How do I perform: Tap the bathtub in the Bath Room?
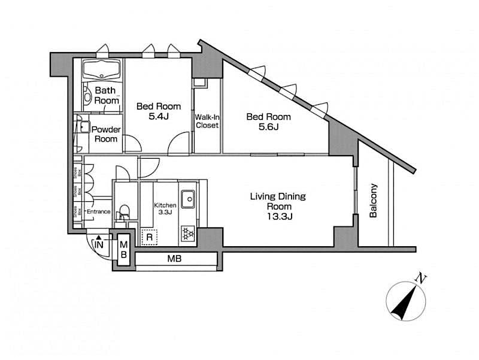pyautogui.click(x=101, y=69)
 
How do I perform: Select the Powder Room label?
pyautogui.click(x=107, y=134)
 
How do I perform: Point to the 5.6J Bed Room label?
pyautogui.click(x=269, y=122)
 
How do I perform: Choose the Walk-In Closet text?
pyautogui.click(x=207, y=121)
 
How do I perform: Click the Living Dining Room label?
pyautogui.click(x=278, y=206)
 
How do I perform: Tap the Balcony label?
pyautogui.click(x=374, y=201)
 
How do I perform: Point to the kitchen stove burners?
pyautogui.click(x=188, y=234)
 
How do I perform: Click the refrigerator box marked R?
pyautogui.click(x=148, y=237)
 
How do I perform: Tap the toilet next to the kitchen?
pyautogui.click(x=124, y=213)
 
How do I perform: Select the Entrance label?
pyautogui.click(x=98, y=211)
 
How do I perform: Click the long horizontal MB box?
pyautogui.click(x=175, y=259)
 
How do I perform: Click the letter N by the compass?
pyautogui.click(x=422, y=278)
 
